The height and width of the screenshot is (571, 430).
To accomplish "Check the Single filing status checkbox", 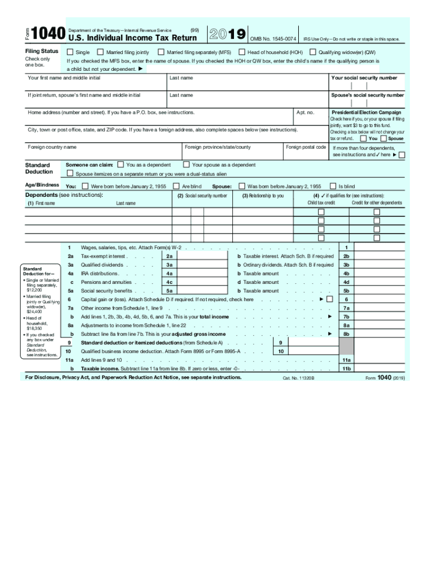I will [x=70, y=52].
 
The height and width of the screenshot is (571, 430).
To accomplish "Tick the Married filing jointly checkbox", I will [x=101, y=52].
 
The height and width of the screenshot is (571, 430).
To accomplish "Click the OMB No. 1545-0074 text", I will [x=273, y=39].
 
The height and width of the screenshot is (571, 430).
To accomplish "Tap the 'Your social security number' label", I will [x=364, y=78].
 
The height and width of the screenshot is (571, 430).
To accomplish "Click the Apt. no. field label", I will [x=305, y=112].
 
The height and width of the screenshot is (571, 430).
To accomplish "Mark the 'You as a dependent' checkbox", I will [x=121, y=164].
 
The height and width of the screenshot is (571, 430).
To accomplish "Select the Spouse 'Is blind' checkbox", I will [x=332, y=186].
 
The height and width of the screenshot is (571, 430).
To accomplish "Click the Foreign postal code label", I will [x=306, y=147].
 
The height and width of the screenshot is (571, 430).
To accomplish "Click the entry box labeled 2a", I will [x=201, y=257].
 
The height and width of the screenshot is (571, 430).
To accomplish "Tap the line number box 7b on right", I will [x=346, y=317].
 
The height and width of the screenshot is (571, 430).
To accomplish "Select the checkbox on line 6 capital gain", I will [x=329, y=299].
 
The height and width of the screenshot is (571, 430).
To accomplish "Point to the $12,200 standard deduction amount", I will [x=35, y=291].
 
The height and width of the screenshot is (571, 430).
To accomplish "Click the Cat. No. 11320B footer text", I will [x=299, y=378].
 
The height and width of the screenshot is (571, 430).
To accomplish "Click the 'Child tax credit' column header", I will [x=321, y=203].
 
